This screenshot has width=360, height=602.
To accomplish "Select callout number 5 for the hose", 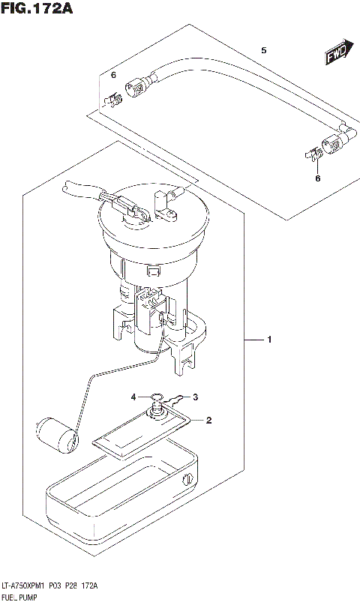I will [x=263, y=50].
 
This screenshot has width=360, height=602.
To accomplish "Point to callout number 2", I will [x=209, y=421].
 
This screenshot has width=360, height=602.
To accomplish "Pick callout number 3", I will [x=194, y=397].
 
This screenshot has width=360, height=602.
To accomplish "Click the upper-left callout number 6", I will [x=113, y=76].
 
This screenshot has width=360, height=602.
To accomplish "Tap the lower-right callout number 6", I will [x=317, y=178].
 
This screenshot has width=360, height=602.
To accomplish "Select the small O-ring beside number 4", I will [x=154, y=397].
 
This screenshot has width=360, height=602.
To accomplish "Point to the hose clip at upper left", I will [x=113, y=97].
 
